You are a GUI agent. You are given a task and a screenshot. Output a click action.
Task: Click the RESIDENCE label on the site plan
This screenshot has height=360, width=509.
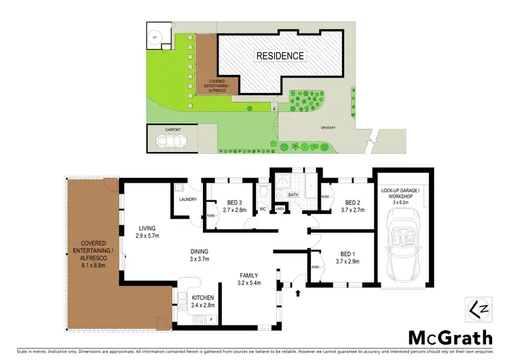click(280, 55)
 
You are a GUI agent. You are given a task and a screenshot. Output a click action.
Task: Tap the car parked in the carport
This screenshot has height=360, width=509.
click(171, 142)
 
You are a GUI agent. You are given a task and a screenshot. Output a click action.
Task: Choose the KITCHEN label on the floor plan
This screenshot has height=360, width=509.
click(202, 298)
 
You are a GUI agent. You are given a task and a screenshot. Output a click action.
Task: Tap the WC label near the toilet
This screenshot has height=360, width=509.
click(262, 209)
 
